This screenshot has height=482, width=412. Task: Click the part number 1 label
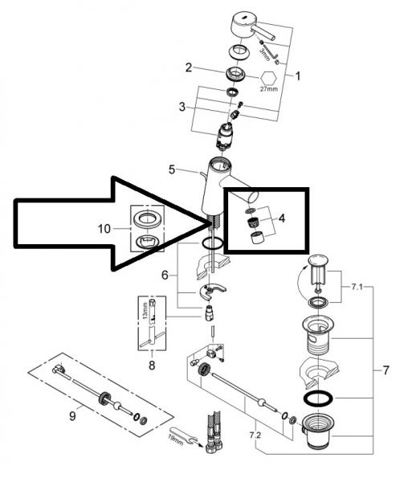click(298, 77)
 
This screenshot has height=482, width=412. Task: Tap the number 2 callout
click(188, 67)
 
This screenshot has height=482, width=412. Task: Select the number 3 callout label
click(182, 106)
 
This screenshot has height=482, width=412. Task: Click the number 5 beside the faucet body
click(171, 170)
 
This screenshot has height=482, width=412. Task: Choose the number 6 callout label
click(165, 274)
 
